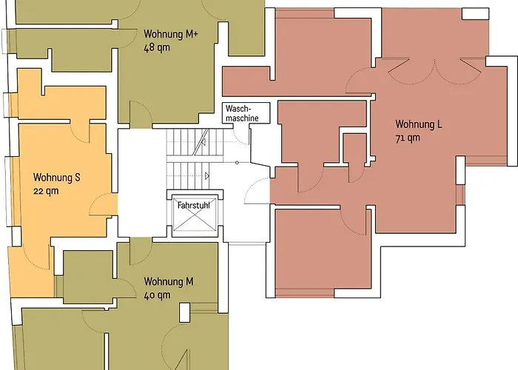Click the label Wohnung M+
tap(170, 34)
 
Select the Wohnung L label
tap(419, 124)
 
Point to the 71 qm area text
tap(408, 137)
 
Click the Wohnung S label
tap(56, 178)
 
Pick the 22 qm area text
tap(45, 191)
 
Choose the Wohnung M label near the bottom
tap(169, 281)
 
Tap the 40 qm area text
tap(158, 295)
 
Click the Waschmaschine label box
tap(242, 112)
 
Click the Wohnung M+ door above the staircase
tap(139, 115)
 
